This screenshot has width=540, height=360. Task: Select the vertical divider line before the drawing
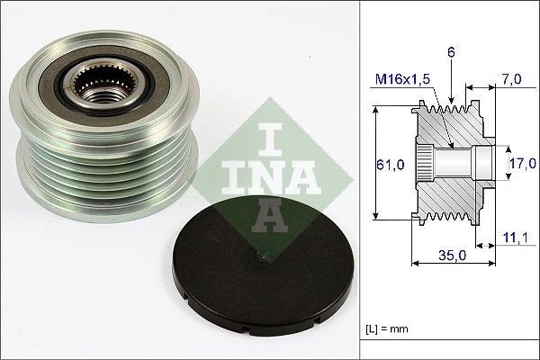click(x=362, y=180)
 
